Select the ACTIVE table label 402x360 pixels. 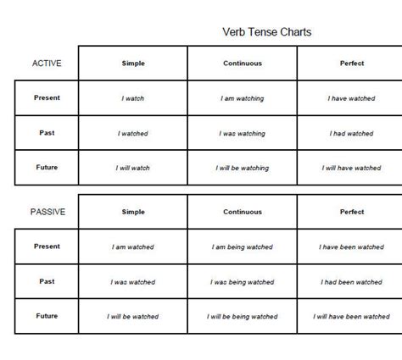pyautogui.click(x=47, y=64)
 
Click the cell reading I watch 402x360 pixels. pyautogui.click(x=132, y=98)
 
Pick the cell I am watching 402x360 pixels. pyautogui.click(x=242, y=98)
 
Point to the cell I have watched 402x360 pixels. pyautogui.click(x=351, y=98)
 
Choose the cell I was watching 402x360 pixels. pyautogui.click(x=242, y=133)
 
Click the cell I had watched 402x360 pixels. pyautogui.click(x=351, y=133)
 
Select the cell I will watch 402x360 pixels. pyautogui.click(x=132, y=168)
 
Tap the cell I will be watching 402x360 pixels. pyautogui.click(x=242, y=168)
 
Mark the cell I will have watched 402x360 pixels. pyautogui.click(x=351, y=168)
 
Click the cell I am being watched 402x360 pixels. pyautogui.click(x=242, y=247)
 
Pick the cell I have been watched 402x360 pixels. pyautogui.click(x=351, y=247)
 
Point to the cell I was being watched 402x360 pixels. pyautogui.click(x=242, y=282)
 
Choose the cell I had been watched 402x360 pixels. pyautogui.click(x=351, y=282)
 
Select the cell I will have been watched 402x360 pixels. pyautogui.click(x=351, y=317)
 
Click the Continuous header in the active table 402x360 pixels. pyautogui.click(x=242, y=64)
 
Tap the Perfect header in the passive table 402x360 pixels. pyautogui.click(x=351, y=212)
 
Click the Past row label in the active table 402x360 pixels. pyautogui.click(x=47, y=132)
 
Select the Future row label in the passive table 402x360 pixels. pyautogui.click(x=47, y=315)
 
